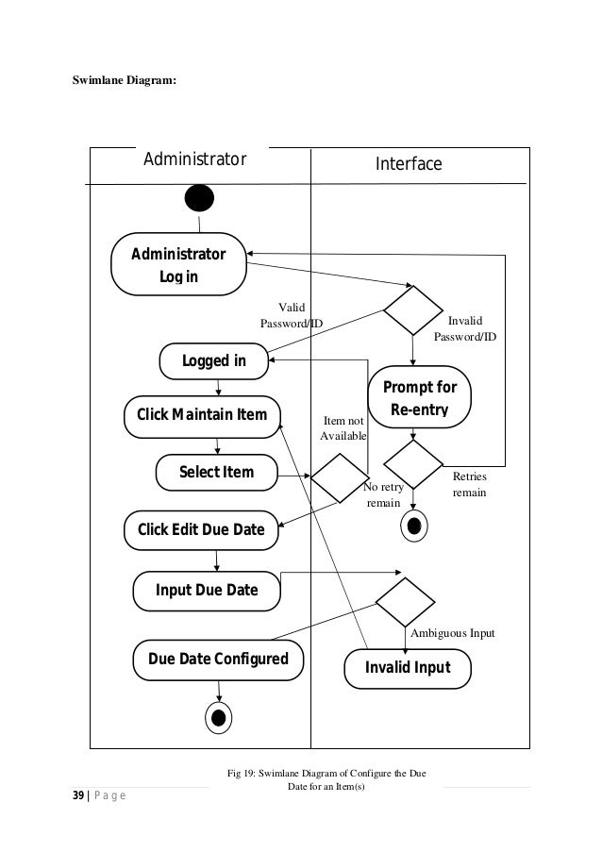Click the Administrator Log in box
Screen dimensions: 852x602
[177, 264]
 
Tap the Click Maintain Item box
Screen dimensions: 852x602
[202, 415]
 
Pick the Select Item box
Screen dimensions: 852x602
[216, 471]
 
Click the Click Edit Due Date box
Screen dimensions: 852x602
[201, 528]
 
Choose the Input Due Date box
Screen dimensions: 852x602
[207, 592]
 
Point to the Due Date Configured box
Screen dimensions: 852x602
[217, 658]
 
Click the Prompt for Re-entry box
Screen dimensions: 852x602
[419, 399]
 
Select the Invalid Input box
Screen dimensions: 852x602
[408, 668]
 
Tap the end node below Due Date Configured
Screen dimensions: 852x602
[218, 717]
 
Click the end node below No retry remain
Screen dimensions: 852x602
[413, 526]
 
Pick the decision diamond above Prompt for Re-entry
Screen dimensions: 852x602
[412, 309]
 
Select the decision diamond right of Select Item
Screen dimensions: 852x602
[341, 479]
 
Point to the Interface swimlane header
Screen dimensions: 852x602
[409, 164]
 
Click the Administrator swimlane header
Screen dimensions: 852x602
[194, 158]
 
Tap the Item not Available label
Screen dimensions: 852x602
[343, 428]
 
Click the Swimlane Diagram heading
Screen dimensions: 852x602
[124, 80]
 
